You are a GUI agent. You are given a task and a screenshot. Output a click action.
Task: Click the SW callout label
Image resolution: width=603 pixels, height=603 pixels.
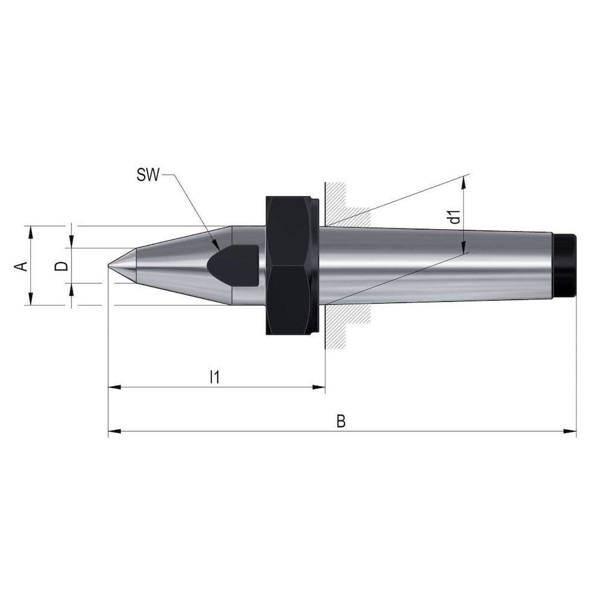[x=148, y=176]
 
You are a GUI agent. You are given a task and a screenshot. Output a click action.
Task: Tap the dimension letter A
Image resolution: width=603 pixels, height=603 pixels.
[x=22, y=266]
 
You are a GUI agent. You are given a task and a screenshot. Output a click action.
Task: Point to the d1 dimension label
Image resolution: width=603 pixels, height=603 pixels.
[x=456, y=216]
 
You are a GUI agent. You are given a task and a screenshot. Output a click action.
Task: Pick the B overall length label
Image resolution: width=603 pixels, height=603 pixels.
[x=341, y=421]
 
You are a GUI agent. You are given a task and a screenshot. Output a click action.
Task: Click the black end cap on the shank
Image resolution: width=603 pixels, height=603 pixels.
[x=566, y=266]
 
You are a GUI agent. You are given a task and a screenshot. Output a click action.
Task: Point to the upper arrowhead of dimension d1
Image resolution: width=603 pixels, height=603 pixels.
[x=464, y=182]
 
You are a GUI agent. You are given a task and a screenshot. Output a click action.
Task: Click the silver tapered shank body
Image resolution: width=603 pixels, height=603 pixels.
[x=433, y=266]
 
